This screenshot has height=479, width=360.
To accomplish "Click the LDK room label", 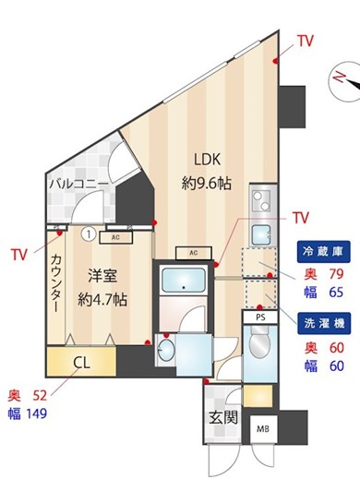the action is click(x=208, y=160).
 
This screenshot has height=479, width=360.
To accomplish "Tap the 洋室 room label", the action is click(x=102, y=275).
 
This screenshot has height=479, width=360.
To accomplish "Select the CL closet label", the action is click(x=81, y=363).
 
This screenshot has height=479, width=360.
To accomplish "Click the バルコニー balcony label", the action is click(x=79, y=184).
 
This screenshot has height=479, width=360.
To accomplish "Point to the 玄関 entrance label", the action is click(x=223, y=418).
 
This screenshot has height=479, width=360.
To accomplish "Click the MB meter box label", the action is click(x=263, y=428).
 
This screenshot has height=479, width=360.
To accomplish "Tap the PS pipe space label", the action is click(x=260, y=317).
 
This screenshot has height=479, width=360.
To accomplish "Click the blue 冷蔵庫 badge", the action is click(x=323, y=251).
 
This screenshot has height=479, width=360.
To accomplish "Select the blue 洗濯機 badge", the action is click(x=324, y=323).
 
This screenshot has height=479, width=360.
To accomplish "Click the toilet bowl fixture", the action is click(x=259, y=342).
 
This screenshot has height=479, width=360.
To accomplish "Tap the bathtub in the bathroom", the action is click(x=184, y=280).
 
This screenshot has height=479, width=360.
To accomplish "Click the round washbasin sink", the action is click(x=166, y=350).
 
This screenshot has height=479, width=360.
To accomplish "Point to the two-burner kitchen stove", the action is click(x=262, y=200).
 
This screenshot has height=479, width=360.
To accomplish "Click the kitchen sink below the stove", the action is click(x=261, y=234).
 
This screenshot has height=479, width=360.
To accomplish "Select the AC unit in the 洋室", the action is click(x=115, y=237).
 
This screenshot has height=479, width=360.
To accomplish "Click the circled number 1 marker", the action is click(x=89, y=234).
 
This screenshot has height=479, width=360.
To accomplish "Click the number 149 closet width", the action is click(x=36, y=413).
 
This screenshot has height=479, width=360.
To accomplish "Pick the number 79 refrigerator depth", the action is click(x=336, y=273).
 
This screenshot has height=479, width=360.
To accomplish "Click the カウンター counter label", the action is click(x=56, y=282).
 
